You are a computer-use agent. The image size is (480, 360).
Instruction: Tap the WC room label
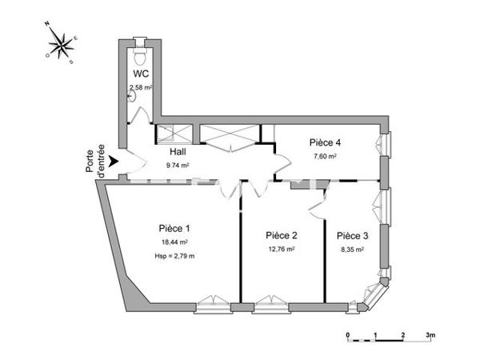(x=142, y=74)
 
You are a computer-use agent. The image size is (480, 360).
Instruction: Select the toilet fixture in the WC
(x=141, y=57)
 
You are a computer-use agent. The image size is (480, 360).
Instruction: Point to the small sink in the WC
(x=133, y=96)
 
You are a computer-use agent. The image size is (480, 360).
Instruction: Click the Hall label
(x=178, y=151)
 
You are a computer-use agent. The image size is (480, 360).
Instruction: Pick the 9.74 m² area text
(x=178, y=166)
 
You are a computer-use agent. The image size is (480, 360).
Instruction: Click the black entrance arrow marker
(x=114, y=162)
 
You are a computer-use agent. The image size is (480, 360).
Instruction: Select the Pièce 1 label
(x=173, y=227)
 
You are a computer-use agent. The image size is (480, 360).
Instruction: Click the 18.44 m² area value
(x=174, y=242)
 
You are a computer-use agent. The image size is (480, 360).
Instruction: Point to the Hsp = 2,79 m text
(x=174, y=255)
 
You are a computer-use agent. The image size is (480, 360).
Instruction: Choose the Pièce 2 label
(x=282, y=235)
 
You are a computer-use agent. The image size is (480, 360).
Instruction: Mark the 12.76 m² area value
(x=282, y=250)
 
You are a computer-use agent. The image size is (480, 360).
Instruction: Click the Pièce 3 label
(x=352, y=235)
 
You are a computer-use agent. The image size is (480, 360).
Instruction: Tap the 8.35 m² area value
(x=352, y=250)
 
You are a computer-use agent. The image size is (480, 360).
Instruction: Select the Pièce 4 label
(x=326, y=142)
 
